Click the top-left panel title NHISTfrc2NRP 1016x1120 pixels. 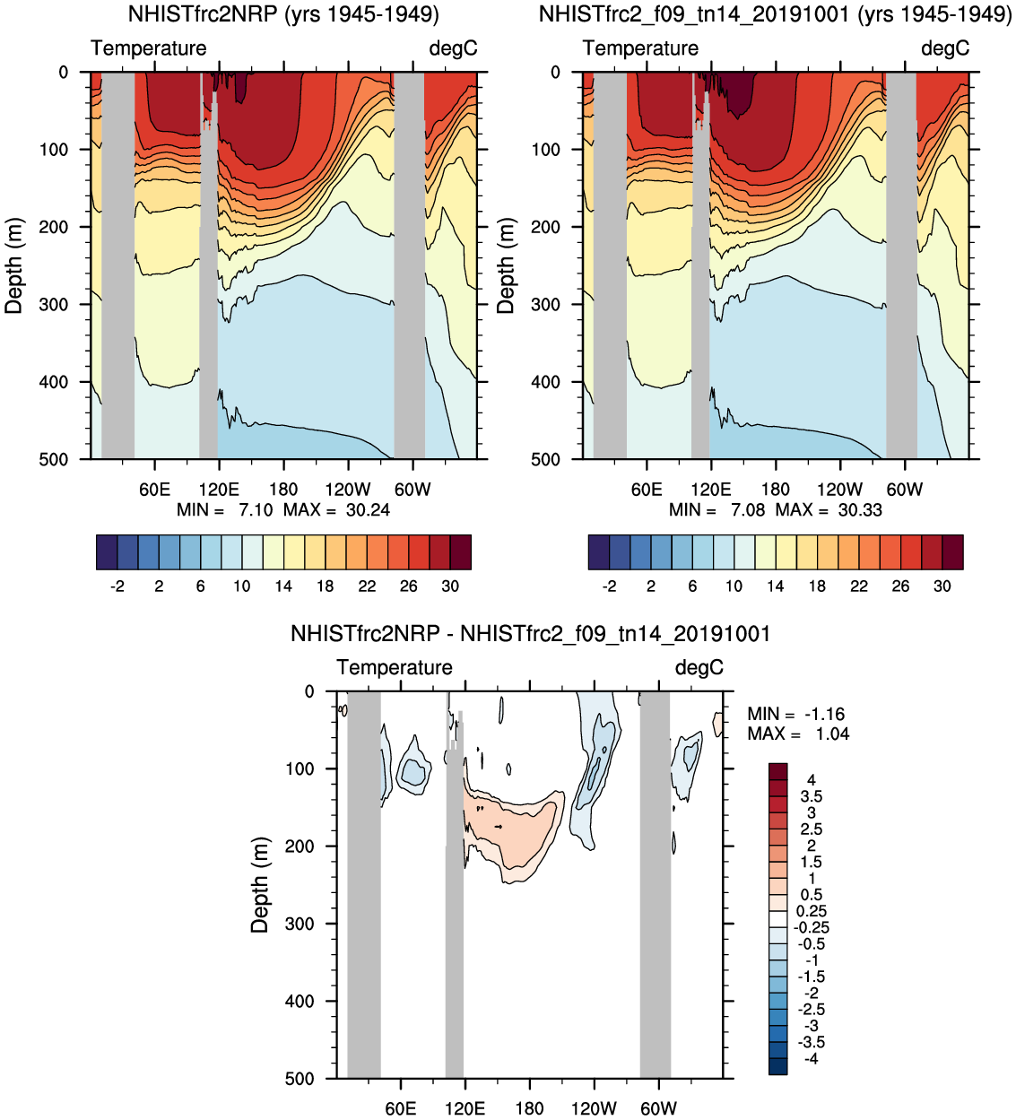tap(283, 14)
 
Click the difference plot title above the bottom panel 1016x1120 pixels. tap(530, 634)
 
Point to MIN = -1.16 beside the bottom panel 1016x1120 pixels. tap(796, 714)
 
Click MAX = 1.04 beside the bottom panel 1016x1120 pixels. tap(798, 734)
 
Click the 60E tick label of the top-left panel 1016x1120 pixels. tap(154, 490)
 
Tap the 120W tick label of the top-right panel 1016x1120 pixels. tap(839, 490)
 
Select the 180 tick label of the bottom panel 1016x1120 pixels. tap(529, 1108)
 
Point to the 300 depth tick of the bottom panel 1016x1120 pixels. tap(300, 924)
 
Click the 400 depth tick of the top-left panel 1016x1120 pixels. tap(54, 382)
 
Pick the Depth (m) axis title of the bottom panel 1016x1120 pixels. tap(260, 885)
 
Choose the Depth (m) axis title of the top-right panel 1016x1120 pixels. tap(507, 265)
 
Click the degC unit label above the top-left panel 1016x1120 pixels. tap(453, 48)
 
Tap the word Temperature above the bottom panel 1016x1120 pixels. tap(395, 668)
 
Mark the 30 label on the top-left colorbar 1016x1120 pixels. tap(450, 586)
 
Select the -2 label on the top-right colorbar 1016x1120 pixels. tap(610, 586)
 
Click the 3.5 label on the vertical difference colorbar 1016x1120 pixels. tap(811, 796)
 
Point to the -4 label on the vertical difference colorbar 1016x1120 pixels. tap(811, 1059)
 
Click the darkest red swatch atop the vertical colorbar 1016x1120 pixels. tap(777, 771)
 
